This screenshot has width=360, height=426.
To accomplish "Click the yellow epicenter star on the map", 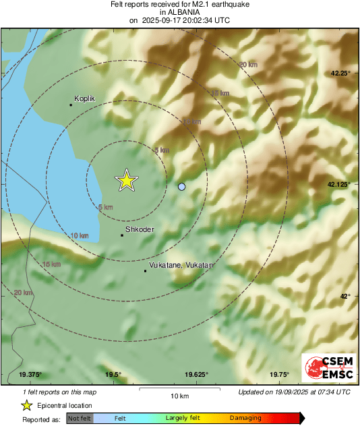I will [126, 180].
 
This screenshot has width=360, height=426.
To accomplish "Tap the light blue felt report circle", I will [181, 186].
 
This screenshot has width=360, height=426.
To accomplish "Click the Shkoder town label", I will [140, 230].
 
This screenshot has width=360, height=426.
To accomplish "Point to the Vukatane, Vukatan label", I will [181, 266].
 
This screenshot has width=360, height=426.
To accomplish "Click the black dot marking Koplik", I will [71, 104].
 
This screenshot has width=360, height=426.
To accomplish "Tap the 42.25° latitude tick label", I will [339, 73].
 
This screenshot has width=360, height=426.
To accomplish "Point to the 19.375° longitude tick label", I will [30, 375].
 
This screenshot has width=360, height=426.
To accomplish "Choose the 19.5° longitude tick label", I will [113, 375].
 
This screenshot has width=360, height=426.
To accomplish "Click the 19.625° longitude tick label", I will [196, 375].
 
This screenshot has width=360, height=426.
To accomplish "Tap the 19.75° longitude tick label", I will [280, 375].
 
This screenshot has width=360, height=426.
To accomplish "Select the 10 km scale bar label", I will [179, 394].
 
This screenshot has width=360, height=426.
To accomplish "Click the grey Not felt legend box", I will [80, 419].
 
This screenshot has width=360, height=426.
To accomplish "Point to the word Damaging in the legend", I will [245, 419].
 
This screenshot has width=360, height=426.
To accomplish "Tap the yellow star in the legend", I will [27, 406].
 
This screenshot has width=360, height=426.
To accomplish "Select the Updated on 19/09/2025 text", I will [294, 392].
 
